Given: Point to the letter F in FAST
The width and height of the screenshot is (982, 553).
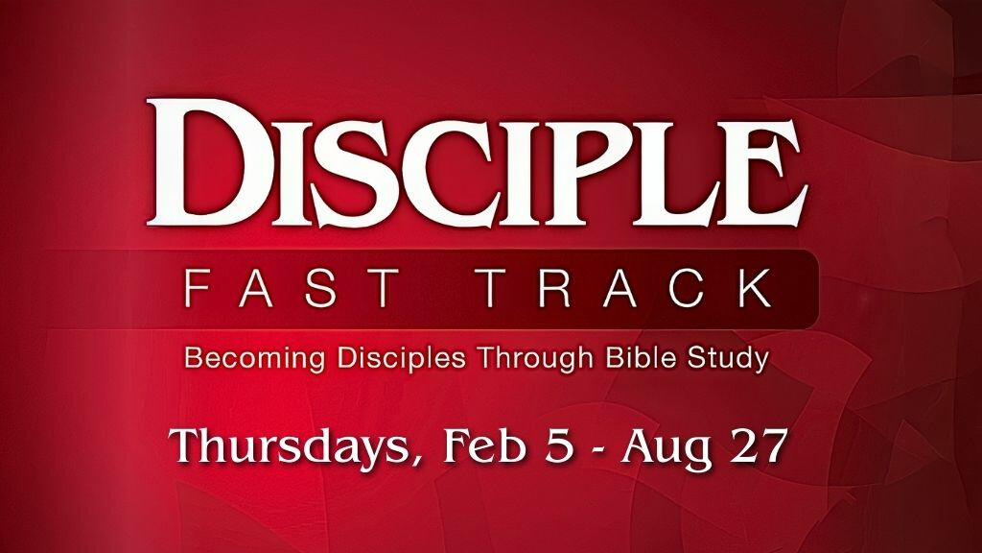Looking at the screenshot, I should (197, 287).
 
